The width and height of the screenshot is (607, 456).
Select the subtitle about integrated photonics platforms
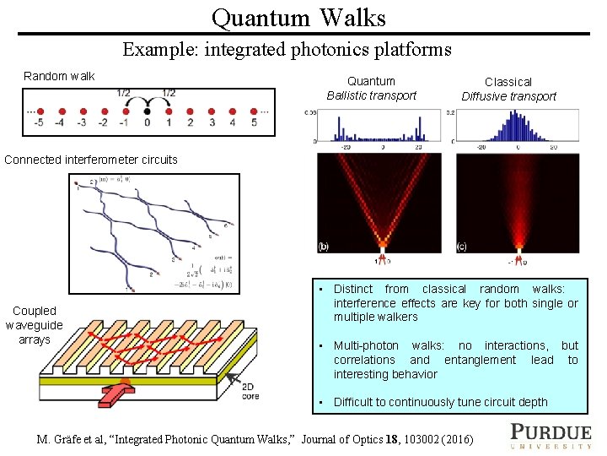point(287,49)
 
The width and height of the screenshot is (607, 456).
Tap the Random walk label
point(59,76)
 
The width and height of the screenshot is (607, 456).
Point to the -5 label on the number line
point(37,123)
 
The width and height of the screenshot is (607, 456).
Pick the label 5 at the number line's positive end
point(254,123)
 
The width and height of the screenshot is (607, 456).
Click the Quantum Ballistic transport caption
point(372,88)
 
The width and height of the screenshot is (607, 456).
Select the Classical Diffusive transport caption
point(508,89)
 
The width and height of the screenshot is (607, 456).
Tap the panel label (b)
point(324,247)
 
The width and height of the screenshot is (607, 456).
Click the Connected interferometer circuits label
point(91,160)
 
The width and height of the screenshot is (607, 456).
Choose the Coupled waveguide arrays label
point(34,325)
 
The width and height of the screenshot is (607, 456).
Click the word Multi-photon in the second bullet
point(366,345)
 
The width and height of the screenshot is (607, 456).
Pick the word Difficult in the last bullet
point(358,402)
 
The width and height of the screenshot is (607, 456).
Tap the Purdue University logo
point(551,435)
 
